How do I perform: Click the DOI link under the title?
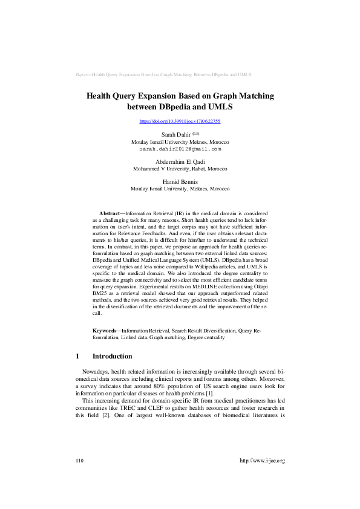point(180,122)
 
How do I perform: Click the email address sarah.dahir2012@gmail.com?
point(180,148)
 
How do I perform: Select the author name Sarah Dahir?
point(175,134)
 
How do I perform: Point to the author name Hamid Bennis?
point(180,181)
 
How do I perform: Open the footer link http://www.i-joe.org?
point(262,461)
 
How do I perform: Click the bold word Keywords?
point(106,331)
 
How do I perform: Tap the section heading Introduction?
point(117,357)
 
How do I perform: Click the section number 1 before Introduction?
point(77,357)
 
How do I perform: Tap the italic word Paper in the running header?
point(82,75)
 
